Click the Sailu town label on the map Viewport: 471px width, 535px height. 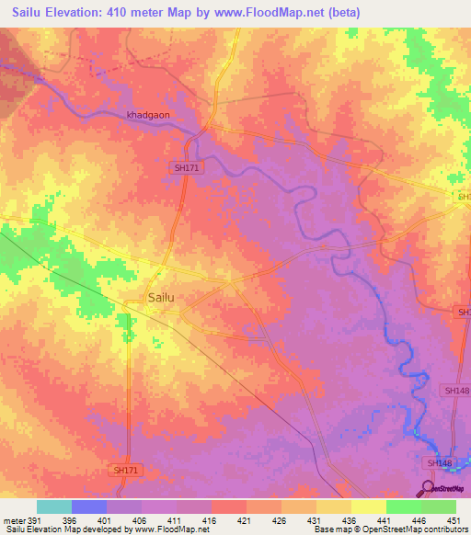[x=161, y=297]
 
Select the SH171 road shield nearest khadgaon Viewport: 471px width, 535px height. [x=186, y=168]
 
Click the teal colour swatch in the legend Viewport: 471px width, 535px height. [x=54, y=507]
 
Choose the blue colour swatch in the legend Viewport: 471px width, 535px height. [x=89, y=507]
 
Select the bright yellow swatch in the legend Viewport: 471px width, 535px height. [x=369, y=507]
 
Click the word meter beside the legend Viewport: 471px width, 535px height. [x=12, y=520]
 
